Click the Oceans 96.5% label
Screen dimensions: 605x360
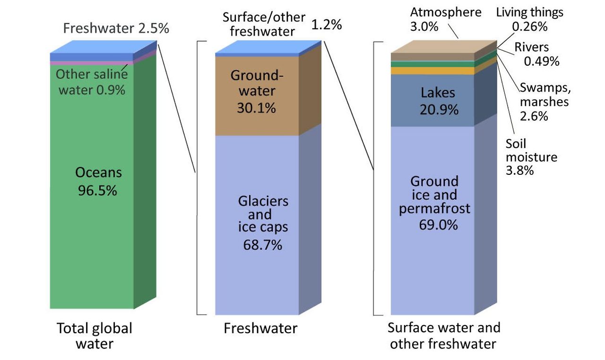click(x=98, y=181)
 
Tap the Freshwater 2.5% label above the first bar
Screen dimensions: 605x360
click(x=116, y=28)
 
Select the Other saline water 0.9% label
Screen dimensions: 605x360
click(x=92, y=82)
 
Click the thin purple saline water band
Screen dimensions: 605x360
click(x=92, y=63)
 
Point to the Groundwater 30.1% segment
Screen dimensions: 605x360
click(x=257, y=96)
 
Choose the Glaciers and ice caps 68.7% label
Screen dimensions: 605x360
click(x=263, y=223)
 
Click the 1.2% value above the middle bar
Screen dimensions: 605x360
click(x=327, y=25)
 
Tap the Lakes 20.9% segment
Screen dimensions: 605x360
click(x=432, y=100)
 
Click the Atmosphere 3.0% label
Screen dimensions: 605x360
click(x=446, y=19)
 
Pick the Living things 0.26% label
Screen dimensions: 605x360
click(x=530, y=19)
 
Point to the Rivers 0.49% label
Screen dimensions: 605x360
click(x=536, y=54)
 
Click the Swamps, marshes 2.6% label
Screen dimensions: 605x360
click(x=545, y=102)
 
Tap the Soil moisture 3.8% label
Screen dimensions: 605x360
click(x=531, y=157)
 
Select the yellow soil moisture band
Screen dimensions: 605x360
click(x=432, y=71)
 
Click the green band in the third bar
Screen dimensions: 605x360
click(x=432, y=64)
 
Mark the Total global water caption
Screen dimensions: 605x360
click(x=95, y=336)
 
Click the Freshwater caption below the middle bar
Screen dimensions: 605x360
click(x=260, y=328)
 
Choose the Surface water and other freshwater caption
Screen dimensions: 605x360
click(x=444, y=336)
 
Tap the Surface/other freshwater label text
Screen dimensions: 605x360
click(x=264, y=24)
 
